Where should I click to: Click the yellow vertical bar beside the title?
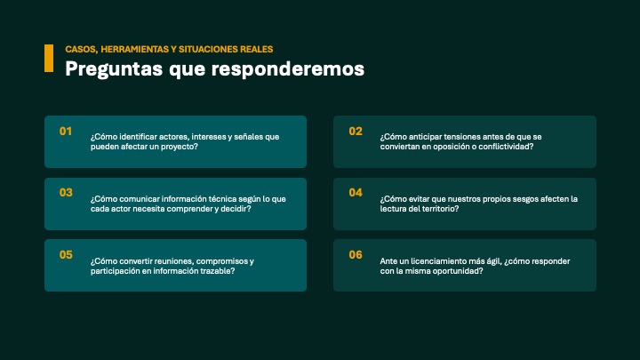49,59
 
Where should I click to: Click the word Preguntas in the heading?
114,69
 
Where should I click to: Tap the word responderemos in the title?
288,68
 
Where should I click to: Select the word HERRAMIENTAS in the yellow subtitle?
135,50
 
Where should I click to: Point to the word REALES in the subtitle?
257,50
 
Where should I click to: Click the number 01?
66,131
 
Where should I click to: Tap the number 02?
356,131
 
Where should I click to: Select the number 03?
66,193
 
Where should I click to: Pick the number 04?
356,193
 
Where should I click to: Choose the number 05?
66,255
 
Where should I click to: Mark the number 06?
356,255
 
